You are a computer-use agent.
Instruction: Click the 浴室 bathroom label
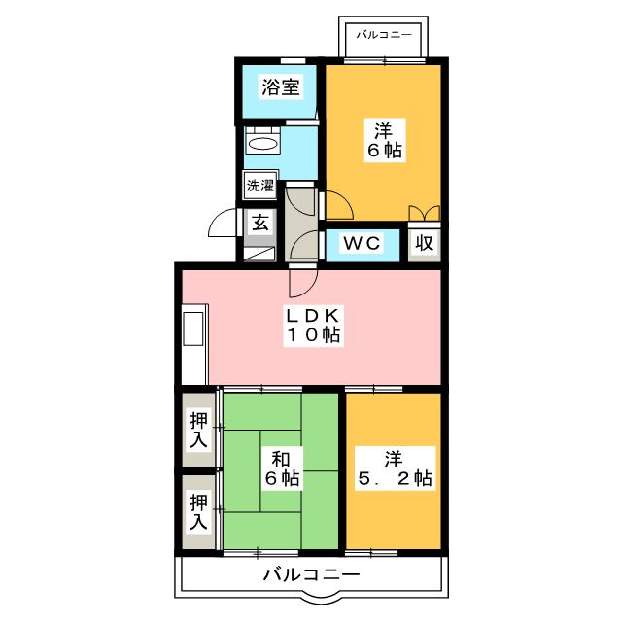click(x=281, y=87)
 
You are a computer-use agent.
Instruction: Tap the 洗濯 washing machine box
click(x=260, y=186)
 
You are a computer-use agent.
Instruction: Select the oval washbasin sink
click(x=262, y=144)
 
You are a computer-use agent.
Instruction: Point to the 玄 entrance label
click(x=260, y=224)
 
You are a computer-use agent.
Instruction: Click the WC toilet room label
click(x=362, y=243)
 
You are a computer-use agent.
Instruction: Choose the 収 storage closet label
click(x=425, y=242)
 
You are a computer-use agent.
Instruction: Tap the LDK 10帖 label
click(x=313, y=327)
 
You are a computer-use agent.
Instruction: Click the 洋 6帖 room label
click(x=384, y=140)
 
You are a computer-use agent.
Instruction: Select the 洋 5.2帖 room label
click(x=395, y=468)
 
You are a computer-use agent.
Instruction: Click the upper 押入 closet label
click(x=198, y=430)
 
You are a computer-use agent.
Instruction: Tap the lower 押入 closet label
click(x=198, y=512)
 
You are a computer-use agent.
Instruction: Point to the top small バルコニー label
click(x=384, y=35)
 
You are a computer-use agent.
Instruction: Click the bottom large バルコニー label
click(x=312, y=574)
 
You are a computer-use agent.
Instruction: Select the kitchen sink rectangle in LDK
click(x=193, y=328)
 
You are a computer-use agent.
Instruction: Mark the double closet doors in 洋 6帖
click(x=425, y=213)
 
